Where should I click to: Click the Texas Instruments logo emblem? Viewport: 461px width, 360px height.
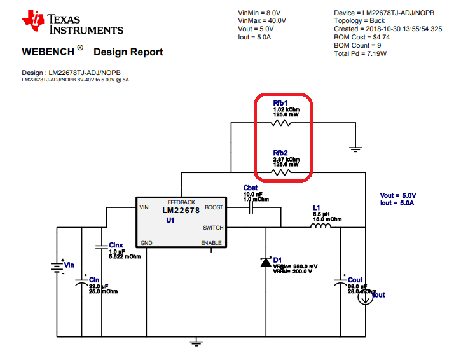coord(32,21)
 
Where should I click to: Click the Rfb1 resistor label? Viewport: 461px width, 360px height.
coord(281,102)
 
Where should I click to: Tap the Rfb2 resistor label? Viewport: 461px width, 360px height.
coord(281,153)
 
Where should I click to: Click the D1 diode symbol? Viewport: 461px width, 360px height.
coord(265,262)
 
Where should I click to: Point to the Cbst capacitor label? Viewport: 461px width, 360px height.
coord(251,188)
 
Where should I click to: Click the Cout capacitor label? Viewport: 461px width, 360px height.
coord(355,280)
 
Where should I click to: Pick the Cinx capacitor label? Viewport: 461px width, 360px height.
coord(116,245)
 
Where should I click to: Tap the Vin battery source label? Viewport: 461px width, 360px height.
coord(69,265)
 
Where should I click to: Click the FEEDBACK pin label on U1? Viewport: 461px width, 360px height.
coord(181,202)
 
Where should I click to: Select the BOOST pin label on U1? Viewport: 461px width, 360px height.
coord(214,207)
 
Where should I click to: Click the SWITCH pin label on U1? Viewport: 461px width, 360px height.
coord(213,227)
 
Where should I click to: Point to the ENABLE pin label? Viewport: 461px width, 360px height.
coord(212,243)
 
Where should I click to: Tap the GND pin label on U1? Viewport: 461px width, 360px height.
coord(146,243)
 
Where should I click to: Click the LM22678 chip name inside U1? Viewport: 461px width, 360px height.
coord(181,211)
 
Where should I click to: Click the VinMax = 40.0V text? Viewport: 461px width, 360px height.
coord(262,20)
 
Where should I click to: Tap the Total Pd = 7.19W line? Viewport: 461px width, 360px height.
coord(360,53)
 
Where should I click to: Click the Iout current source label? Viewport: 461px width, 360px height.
coord(378,295)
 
